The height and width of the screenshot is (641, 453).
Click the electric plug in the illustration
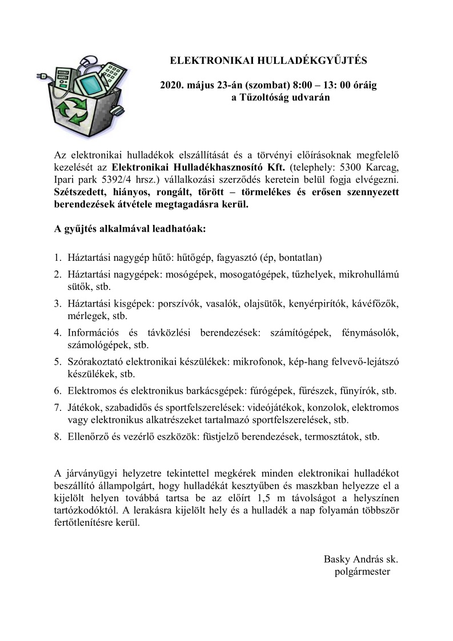tap(42, 75)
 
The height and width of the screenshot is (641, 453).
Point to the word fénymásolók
tap(370, 332)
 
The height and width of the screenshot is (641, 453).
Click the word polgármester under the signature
tap(362, 571)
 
